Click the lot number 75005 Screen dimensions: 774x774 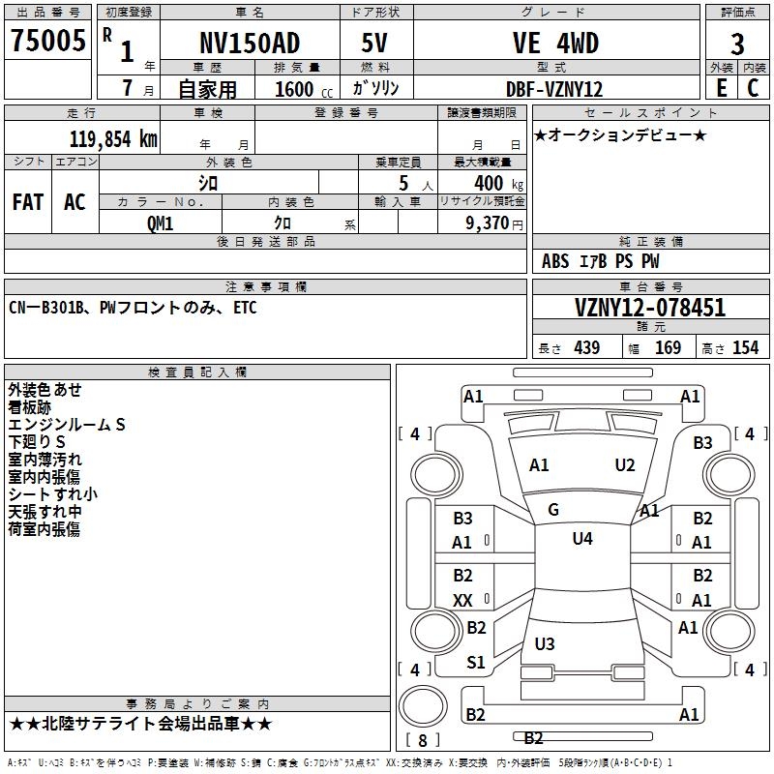point(47,42)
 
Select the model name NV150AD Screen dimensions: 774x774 point(250,44)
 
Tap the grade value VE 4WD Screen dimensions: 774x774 point(555,44)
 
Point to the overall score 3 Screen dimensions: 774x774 point(737,44)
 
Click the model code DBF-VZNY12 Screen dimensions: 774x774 point(555,89)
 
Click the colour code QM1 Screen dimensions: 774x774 point(160,223)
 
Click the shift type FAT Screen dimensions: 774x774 point(28,202)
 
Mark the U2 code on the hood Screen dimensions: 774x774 point(625,465)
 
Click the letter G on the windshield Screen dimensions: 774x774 point(553,510)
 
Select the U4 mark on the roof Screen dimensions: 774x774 point(581,539)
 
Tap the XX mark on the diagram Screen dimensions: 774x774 point(462,601)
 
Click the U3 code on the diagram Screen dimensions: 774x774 point(545,644)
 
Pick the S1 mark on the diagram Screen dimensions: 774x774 point(476,663)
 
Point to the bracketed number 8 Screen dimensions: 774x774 point(422,741)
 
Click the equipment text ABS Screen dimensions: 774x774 point(555,261)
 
